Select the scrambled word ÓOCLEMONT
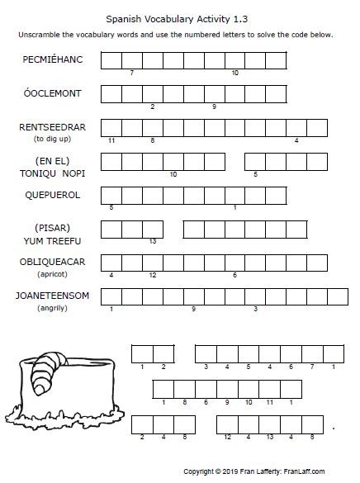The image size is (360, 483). click(53, 93)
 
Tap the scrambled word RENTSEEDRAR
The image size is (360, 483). click(53, 127)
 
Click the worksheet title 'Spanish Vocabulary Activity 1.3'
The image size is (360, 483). click(179, 17)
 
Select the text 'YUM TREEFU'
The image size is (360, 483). click(53, 240)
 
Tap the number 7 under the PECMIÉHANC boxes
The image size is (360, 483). click(132, 73)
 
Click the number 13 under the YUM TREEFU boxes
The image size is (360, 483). click(153, 241)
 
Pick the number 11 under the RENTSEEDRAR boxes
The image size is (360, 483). click(111, 140)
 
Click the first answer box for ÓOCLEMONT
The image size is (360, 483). click(111, 93)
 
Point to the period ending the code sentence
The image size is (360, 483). click(333, 429)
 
